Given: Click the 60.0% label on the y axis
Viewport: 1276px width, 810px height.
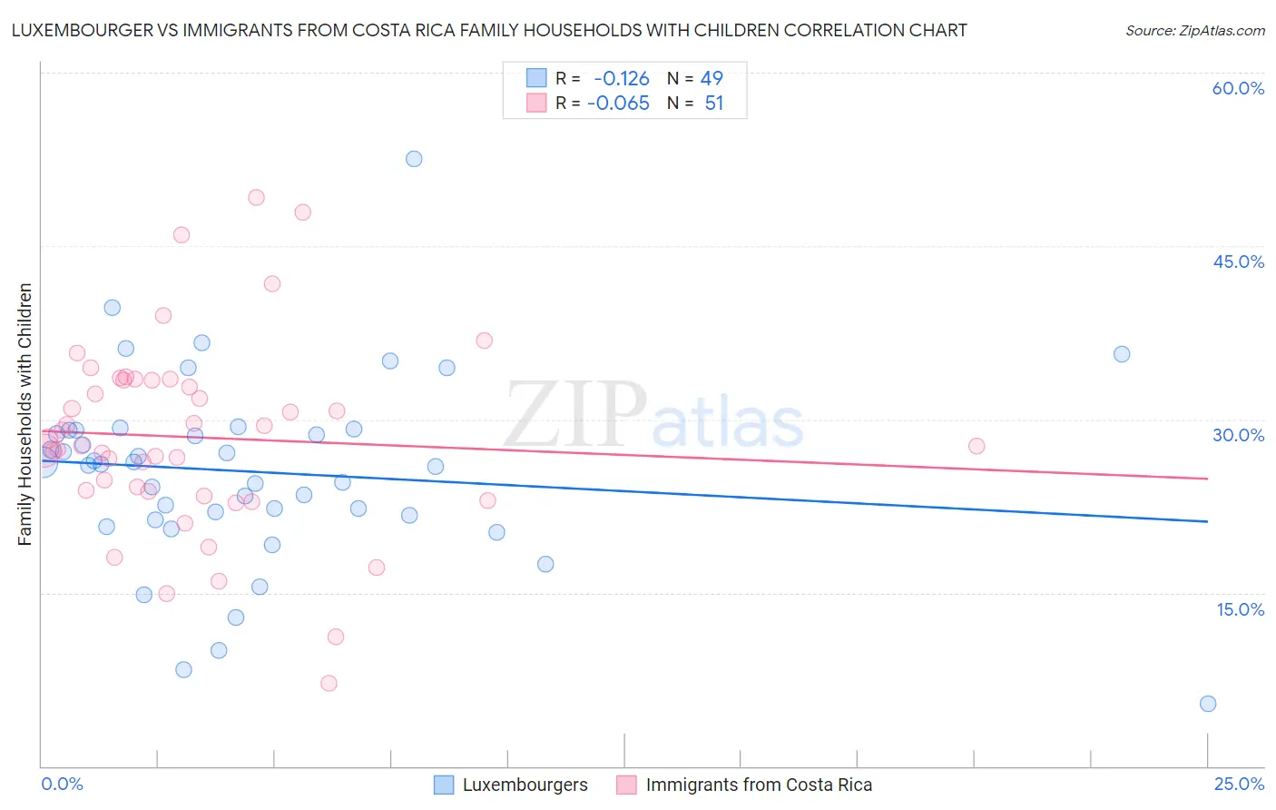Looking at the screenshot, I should coord(1238,88).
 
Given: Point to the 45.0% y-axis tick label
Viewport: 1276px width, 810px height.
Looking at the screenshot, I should coord(1238,262).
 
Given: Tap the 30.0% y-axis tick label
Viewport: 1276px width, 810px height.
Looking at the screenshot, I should coord(1238,435).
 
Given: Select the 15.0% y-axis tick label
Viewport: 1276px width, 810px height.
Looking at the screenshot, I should coord(1240,609).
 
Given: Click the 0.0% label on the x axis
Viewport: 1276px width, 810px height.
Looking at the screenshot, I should coord(62,784).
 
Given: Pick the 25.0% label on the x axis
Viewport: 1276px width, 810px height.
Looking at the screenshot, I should coord(1239,784).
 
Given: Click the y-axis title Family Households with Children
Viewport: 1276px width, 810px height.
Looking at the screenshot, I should coord(25,414).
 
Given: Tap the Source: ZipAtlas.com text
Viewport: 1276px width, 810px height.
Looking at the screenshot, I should coord(1194,30).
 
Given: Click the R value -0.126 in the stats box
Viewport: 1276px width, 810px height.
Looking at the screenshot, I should coord(622,78).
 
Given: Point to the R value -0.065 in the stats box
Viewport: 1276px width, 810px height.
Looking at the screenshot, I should coord(618,103).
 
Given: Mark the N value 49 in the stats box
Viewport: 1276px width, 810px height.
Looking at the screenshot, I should coord(712,78).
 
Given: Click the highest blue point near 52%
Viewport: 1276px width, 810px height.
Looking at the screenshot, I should coord(414,159).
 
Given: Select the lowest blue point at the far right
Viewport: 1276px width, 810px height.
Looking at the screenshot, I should coord(1208,704).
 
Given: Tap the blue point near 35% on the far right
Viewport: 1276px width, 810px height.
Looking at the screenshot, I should coord(1122,354).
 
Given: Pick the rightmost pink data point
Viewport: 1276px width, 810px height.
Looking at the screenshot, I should coord(977,446).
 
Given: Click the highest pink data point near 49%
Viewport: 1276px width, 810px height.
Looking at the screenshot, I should coord(256,198).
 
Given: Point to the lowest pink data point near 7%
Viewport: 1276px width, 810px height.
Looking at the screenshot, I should coord(329,683).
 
